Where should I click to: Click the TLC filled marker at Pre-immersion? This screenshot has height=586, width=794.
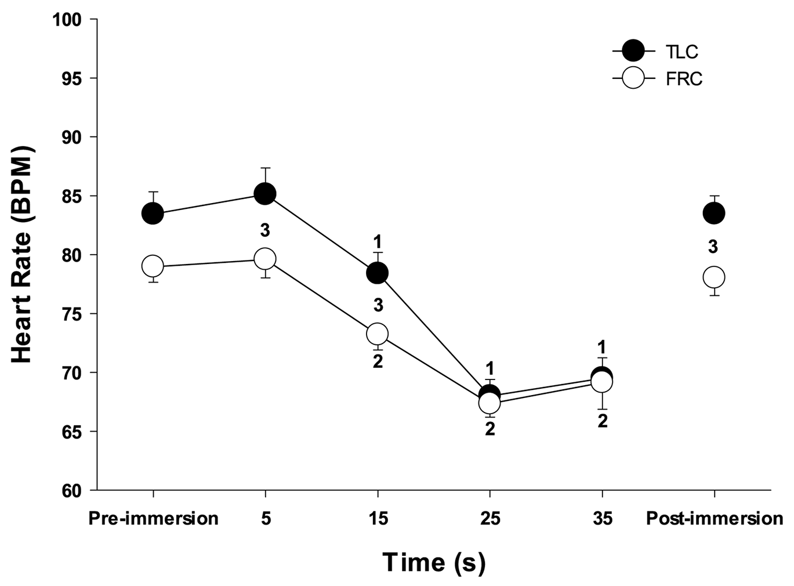pos(153,214)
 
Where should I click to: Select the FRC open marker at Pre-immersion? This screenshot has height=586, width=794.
pos(153,266)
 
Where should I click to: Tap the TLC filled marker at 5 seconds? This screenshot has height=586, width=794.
pos(265,194)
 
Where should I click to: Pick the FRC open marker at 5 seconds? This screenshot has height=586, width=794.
pos(265,259)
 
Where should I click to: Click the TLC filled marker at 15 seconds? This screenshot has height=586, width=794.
pos(378,273)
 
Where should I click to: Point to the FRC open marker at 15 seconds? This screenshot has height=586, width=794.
pos(378,334)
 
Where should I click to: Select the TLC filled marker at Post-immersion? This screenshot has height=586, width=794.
pos(714,214)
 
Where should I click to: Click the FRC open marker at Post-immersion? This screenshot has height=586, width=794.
pos(714,277)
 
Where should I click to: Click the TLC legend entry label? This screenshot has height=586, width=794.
pos(681,52)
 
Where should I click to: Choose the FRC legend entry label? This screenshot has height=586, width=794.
pos(684,78)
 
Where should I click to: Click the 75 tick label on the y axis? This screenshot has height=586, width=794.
pos(74,314)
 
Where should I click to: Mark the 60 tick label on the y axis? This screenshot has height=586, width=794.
pos(74,490)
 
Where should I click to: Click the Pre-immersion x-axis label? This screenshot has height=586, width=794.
pos(153,518)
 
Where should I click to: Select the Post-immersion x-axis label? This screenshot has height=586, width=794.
pos(715,518)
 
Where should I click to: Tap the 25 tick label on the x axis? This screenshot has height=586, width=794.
pos(490,518)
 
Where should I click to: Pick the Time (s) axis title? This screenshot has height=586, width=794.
pos(434,562)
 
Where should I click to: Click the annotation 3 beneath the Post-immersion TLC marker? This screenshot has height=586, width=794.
pos(713,247)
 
